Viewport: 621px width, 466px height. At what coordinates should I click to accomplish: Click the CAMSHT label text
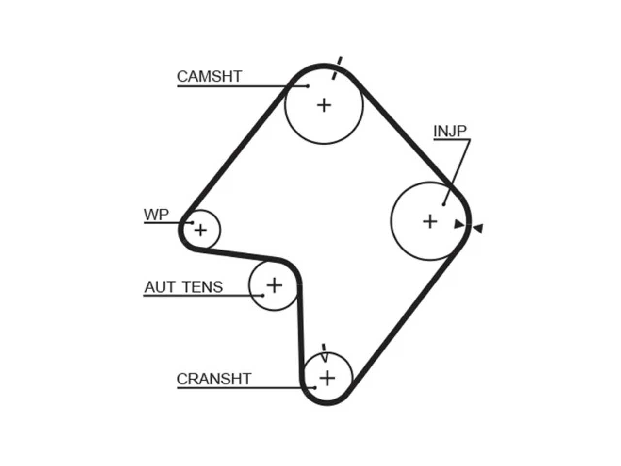coord(209,76)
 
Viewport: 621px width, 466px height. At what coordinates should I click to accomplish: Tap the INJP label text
coord(450,131)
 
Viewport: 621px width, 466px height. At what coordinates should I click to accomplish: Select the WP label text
coord(156,215)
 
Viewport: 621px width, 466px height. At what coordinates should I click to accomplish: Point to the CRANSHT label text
coord(214,379)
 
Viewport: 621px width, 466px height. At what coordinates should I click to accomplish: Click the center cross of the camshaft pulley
coord(324,105)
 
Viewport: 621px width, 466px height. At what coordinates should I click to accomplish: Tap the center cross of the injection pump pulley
coord(430,221)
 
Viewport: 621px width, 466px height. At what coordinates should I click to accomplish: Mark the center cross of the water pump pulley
coord(200,230)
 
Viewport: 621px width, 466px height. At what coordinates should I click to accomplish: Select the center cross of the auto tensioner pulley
coord(274,285)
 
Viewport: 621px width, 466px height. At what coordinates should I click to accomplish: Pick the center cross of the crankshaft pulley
coord(327,378)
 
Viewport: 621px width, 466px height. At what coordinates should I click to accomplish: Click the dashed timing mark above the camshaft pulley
coord(337,68)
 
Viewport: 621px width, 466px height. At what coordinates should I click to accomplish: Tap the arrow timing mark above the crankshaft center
coord(324,353)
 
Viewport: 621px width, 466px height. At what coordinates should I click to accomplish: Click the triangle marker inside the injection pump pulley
coord(459,224)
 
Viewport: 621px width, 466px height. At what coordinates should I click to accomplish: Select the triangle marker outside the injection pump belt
coord(478,228)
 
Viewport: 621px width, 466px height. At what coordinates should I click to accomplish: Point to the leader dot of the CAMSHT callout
coord(308,86)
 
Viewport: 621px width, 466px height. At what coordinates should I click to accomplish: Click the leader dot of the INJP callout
coord(443,204)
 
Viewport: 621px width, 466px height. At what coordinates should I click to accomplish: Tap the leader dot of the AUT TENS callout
coord(262,296)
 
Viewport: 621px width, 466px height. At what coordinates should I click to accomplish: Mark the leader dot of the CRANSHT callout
coord(314,388)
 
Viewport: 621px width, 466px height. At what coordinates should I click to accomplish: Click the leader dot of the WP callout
coord(193,223)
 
